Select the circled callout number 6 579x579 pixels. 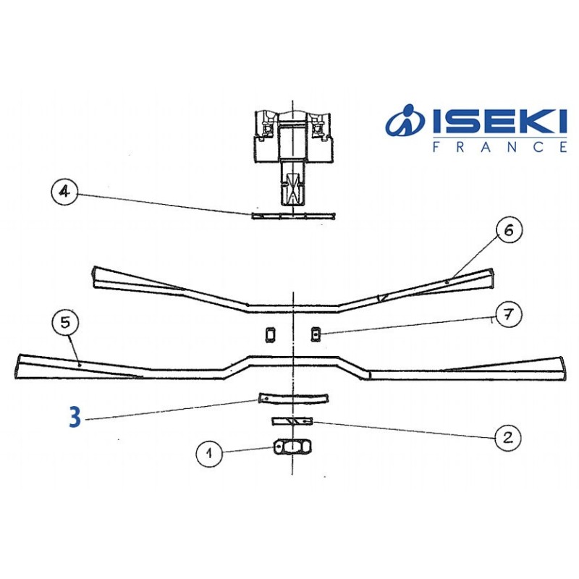(x=509, y=231)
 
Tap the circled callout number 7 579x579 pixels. (x=509, y=316)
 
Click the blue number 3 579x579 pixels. (x=75, y=418)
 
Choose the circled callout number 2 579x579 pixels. (x=507, y=436)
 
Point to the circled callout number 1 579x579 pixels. (x=209, y=454)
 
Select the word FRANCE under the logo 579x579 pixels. (x=499, y=148)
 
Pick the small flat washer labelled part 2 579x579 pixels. (x=292, y=420)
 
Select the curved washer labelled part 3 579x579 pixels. (x=293, y=399)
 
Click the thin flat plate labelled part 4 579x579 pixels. (x=293, y=215)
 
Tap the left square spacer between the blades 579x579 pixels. (x=270, y=334)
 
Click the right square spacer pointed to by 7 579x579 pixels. (x=316, y=334)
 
